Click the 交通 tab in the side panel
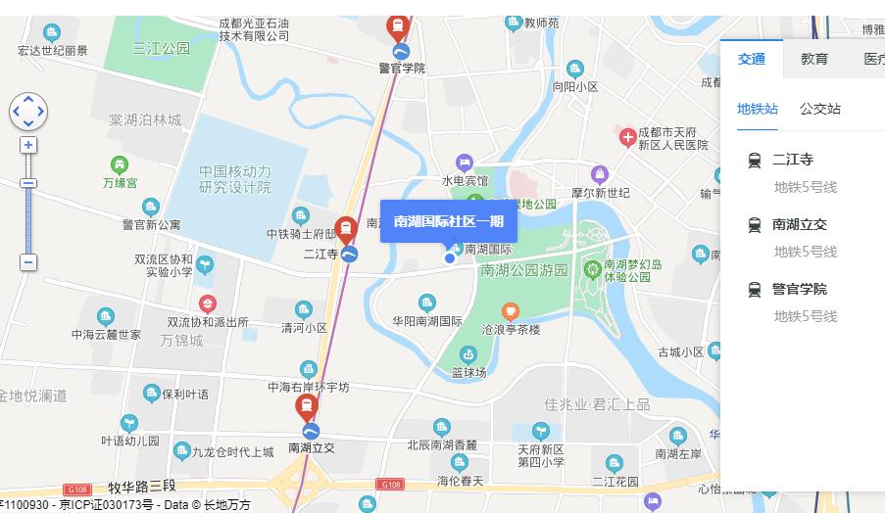[752, 59]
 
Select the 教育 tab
[814, 59]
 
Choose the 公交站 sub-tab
[819, 109]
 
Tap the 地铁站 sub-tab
[758, 109]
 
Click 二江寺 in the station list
[793, 160]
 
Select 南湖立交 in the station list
[799, 224]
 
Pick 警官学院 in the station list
[799, 289]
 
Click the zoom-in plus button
[28, 145]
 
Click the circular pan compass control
[28, 112]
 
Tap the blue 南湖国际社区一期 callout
[448, 221]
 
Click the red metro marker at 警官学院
[398, 25]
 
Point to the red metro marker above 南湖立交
[308, 407]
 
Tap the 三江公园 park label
[162, 48]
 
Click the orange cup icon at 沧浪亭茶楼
[510, 311]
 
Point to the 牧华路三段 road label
[141, 487]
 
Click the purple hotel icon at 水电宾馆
[465, 162]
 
